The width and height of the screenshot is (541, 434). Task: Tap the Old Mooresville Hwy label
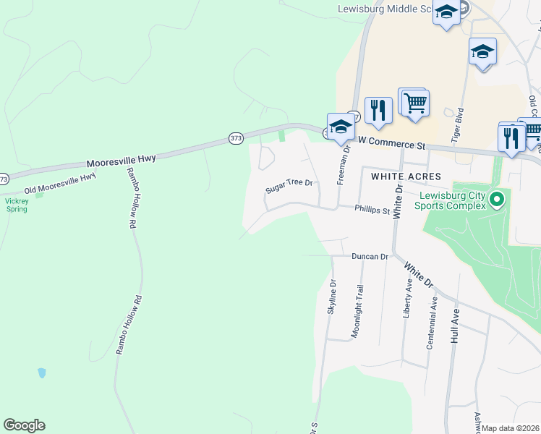(x=60, y=184)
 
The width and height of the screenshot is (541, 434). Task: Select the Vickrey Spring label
(x=16, y=205)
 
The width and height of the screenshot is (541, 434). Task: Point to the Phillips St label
(x=372, y=210)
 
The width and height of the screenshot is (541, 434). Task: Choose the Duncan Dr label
(x=370, y=257)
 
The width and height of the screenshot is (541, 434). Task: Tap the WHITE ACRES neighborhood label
(x=405, y=176)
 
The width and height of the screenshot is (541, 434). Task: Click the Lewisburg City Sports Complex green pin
(x=496, y=199)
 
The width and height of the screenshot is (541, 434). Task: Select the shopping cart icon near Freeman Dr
(x=414, y=103)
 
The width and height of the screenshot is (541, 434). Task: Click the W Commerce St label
(x=391, y=145)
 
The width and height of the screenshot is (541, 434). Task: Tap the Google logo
(x=24, y=425)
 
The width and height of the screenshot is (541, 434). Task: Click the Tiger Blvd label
(x=456, y=124)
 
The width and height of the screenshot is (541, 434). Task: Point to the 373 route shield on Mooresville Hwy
(x=236, y=137)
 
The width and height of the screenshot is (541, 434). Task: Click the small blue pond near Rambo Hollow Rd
(x=42, y=373)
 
